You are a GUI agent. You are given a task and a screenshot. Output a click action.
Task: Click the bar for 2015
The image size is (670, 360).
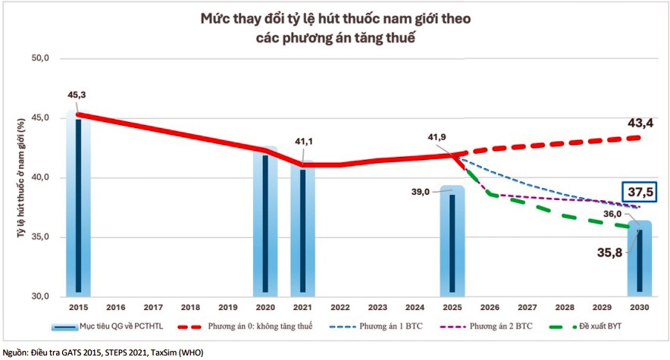coord(78,205)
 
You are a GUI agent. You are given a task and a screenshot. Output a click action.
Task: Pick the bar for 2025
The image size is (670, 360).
coord(452,243)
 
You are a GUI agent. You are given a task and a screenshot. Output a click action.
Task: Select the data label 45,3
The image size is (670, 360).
coord(78,95)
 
